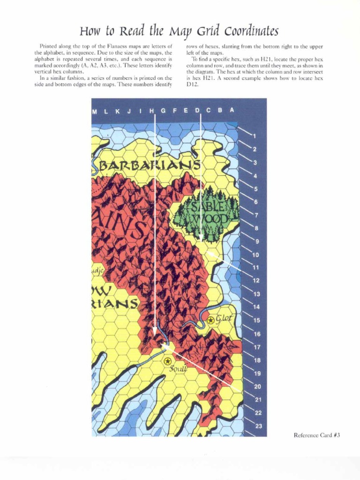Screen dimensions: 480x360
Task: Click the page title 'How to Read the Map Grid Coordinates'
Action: [179, 31]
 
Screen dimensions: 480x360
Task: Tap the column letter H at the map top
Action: [152, 111]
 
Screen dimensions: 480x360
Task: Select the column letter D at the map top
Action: [197, 111]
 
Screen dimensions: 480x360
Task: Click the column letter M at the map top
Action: [95, 111]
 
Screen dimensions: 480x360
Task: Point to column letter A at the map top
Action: [232, 111]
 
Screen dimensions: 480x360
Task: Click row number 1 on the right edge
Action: [254, 136]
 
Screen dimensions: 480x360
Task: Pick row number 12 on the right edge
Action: [256, 281]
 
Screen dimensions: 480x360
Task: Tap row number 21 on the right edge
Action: [257, 399]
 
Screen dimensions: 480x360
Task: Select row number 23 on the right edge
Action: [258, 426]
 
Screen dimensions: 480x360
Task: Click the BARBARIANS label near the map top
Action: [150, 166]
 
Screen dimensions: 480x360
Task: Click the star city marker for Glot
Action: [211, 320]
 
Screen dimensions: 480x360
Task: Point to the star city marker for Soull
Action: [167, 361]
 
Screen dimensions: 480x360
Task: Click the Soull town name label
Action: [179, 368]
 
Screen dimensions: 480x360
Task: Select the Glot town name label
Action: [224, 318]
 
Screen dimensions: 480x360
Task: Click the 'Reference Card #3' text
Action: [316, 435]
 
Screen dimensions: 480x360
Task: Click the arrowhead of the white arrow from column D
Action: [201, 240]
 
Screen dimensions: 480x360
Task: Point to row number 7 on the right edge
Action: [256, 215]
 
